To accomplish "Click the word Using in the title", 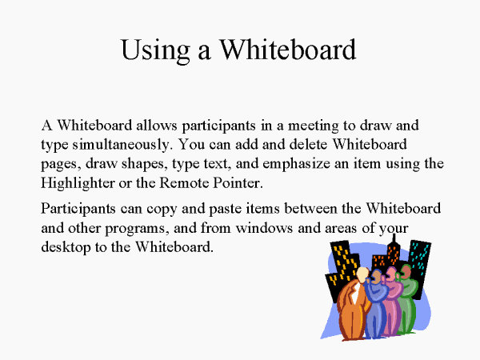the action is point(155,50).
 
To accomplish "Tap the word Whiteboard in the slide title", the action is point(288,49).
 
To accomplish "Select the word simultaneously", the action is point(121,145).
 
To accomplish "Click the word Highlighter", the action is point(78,183).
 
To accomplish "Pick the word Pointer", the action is point(238,183).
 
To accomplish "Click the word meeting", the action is point(313,126).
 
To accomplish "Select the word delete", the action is point(308,145).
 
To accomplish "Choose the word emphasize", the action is point(296,164).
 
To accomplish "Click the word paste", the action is point(225,210).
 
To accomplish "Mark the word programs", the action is point(137,229).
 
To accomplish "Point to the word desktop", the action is point(66,247).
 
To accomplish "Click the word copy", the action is point(162,210).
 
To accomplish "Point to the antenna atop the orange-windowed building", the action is point(394,238).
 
